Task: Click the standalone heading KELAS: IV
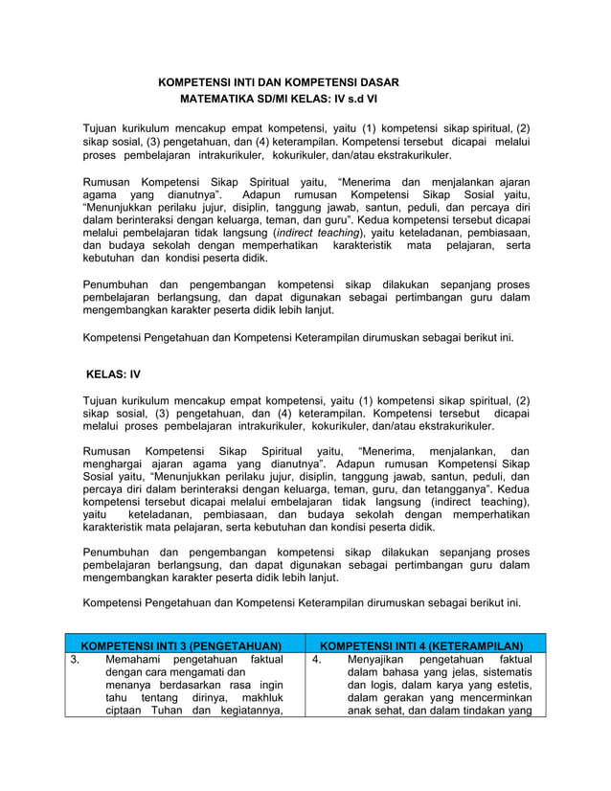tap(114, 374)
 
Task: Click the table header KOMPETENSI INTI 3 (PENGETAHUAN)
tap(181, 646)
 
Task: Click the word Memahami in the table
tap(135, 660)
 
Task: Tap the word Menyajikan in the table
tap(378, 660)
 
